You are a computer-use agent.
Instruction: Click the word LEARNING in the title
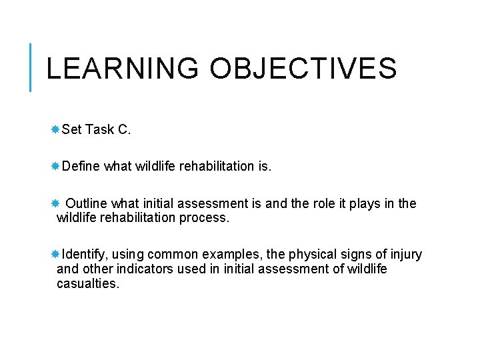122,69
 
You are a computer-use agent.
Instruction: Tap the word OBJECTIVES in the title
303,69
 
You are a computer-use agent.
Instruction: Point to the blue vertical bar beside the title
31,67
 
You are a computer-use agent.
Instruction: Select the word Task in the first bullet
100,130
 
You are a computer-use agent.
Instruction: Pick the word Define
81,167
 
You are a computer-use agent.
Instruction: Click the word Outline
87,203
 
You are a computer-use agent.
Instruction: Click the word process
205,218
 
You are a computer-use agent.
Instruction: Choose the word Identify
85,254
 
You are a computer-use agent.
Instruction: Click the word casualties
88,284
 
